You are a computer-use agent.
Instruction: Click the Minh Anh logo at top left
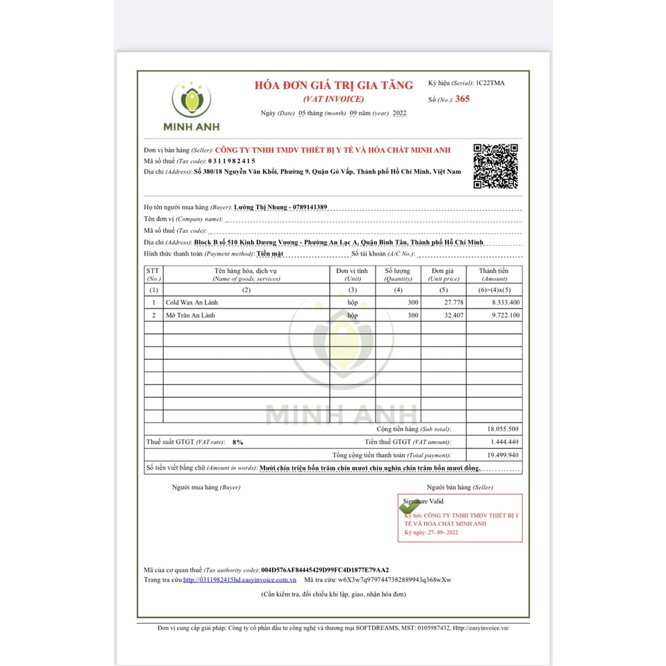point(191,106)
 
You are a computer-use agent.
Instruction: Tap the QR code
point(496,166)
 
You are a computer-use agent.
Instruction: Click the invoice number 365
point(462,99)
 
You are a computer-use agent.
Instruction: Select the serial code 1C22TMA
point(490,83)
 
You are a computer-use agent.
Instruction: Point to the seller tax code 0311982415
point(232,161)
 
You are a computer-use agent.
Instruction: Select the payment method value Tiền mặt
point(270,254)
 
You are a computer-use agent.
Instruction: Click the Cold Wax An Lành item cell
point(192,302)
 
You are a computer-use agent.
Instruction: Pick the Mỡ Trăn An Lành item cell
point(190,315)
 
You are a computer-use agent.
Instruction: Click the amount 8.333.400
point(503,302)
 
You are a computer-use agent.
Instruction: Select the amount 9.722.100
point(503,315)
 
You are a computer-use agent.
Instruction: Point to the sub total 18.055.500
point(502,429)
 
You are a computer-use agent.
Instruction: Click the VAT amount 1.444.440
point(503,442)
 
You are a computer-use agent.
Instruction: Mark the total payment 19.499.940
point(502,455)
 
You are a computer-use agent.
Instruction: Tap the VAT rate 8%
point(237,442)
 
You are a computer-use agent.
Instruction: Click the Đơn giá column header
point(443,271)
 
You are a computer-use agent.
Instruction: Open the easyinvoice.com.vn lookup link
point(239,579)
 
